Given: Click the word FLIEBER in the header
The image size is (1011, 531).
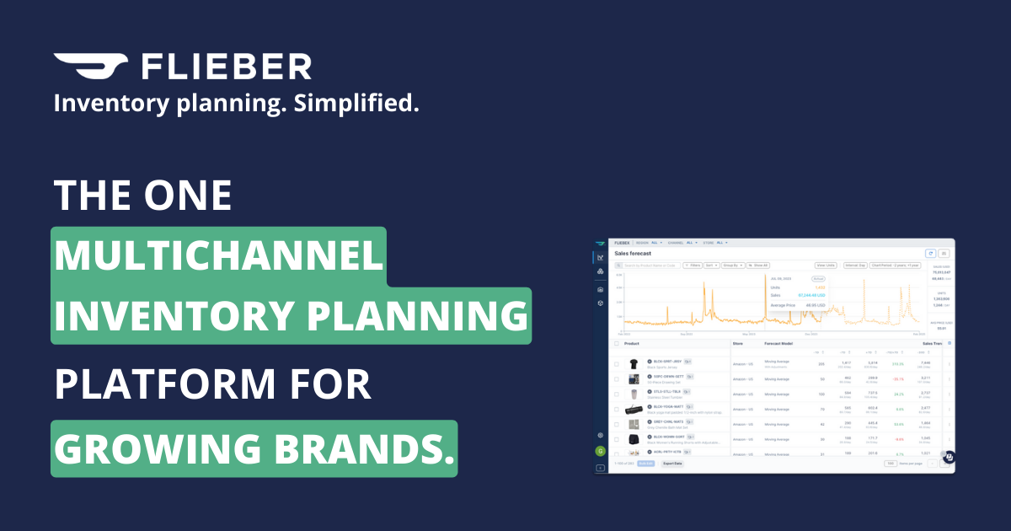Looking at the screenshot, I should coord(226,67).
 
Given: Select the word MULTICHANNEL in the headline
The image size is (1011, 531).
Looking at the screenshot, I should coord(218,255).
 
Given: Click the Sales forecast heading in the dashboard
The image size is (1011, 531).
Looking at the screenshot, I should coord(634,253).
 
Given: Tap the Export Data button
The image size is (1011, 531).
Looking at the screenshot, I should coord(672,464).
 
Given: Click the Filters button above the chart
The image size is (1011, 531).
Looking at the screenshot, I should coord(693,265).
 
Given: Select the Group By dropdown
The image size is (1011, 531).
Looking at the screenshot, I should coord(734,265).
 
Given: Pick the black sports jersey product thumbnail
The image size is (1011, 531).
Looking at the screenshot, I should coord(634,364).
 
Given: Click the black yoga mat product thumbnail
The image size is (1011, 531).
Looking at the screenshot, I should coord(634,409).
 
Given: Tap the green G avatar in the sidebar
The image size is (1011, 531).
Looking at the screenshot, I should coord(600,451).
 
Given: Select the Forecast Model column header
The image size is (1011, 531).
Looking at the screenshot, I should coord(779,343).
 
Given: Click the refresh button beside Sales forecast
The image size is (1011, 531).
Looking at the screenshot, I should coord(930,253).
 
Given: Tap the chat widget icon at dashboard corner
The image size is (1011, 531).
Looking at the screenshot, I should coord(949,458).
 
